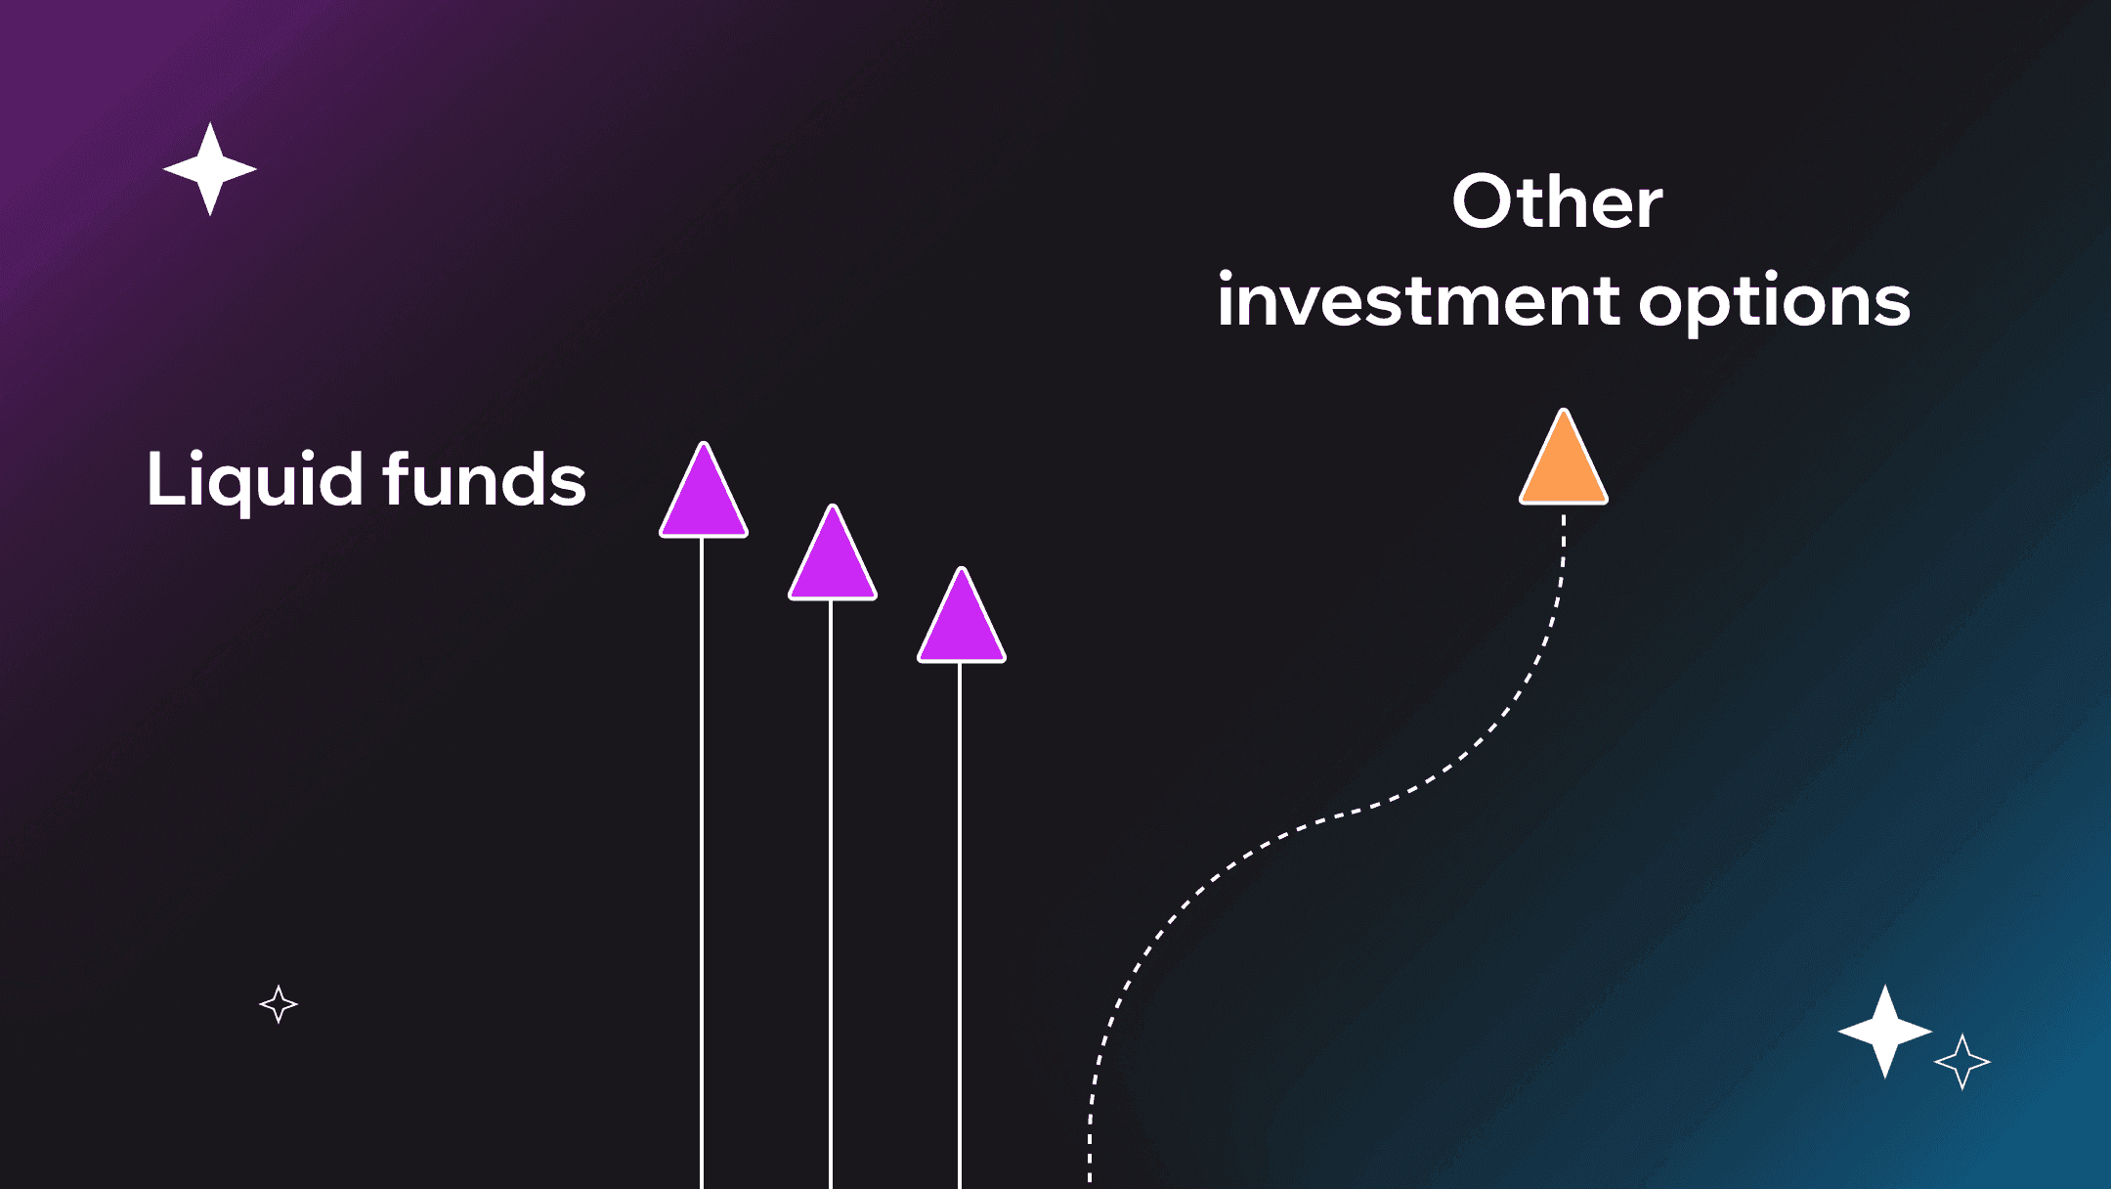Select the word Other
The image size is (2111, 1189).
pyautogui.click(x=1558, y=201)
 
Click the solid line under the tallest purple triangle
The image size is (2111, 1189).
pyautogui.click(x=702, y=862)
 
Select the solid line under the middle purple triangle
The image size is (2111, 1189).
pyautogui.click(x=831, y=894)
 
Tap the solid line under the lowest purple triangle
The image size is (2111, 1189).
pyautogui.click(x=960, y=925)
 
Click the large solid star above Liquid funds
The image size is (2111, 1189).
pyautogui.click(x=210, y=169)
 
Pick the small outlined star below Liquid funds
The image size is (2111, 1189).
pyautogui.click(x=279, y=1004)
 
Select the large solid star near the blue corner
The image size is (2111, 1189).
pyautogui.click(x=1885, y=1032)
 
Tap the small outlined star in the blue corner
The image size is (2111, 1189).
pyautogui.click(x=1962, y=1061)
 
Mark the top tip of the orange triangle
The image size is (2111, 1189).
pyautogui.click(x=1564, y=410)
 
